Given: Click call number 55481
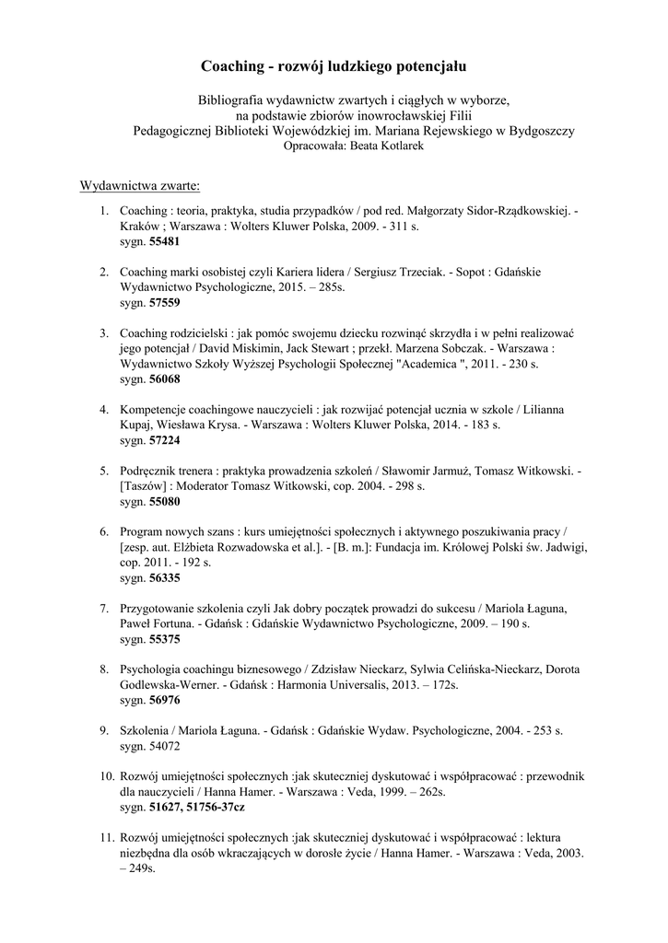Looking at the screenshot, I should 164,241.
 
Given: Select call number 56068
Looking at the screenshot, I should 164,378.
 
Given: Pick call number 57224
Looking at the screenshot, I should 164,440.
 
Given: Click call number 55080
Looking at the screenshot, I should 164,502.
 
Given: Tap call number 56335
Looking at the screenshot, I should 164,578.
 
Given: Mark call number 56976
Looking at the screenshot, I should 164,700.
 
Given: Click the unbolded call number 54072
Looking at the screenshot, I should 164,744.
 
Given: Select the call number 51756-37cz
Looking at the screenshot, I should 212,807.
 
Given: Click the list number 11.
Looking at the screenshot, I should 106,838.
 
